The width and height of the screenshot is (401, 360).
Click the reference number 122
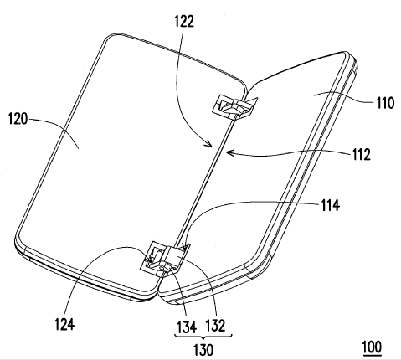click(184, 21)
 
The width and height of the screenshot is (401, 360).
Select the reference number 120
click(18, 119)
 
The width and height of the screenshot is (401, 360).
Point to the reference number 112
click(361, 154)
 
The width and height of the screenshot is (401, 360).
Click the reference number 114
click(331, 206)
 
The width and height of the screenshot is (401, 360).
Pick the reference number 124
click(64, 324)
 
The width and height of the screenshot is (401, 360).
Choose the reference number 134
click(187, 327)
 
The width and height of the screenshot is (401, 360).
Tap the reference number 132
click(215, 326)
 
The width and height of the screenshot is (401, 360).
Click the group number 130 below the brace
click(203, 350)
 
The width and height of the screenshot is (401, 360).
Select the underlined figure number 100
click(372, 347)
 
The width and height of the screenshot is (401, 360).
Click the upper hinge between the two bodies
click(235, 107)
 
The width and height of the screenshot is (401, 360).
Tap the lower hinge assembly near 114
click(165, 258)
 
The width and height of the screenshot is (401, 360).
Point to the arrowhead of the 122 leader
click(209, 144)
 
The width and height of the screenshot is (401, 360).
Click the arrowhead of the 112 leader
click(228, 152)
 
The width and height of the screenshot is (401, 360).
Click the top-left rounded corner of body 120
click(106, 39)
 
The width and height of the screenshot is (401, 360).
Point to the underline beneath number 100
click(372, 355)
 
